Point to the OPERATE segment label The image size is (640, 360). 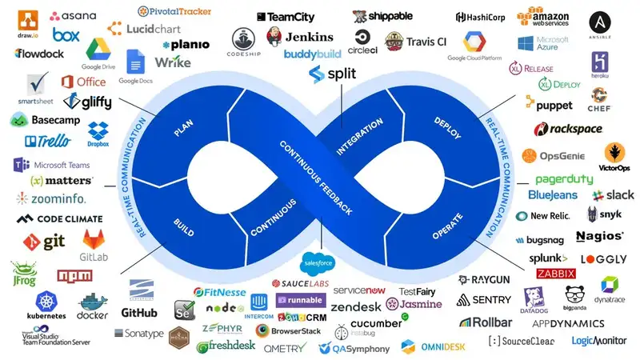pos(448,225)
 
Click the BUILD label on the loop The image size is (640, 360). pos(183,223)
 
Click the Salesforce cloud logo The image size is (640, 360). pos(318,263)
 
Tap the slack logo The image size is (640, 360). pos(614,194)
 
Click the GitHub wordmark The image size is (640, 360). pos(139,312)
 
